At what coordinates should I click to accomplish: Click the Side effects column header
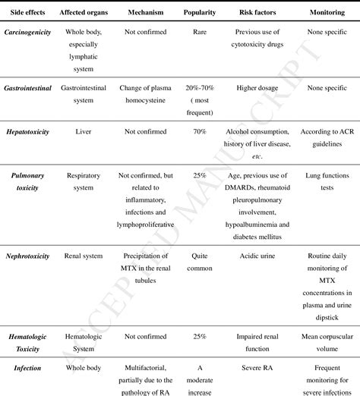pyautogui.click(x=27, y=13)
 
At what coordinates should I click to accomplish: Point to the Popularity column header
pyautogui.click(x=200, y=13)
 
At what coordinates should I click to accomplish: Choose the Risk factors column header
pyautogui.click(x=257, y=13)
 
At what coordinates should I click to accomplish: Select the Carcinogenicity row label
pyautogui.click(x=27, y=34)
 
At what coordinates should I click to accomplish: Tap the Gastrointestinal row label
pyautogui.click(x=27, y=88)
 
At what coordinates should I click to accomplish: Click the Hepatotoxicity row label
pyautogui.click(x=27, y=131)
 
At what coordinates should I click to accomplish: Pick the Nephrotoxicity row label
pyautogui.click(x=27, y=256)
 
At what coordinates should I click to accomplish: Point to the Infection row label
pyautogui.click(x=27, y=369)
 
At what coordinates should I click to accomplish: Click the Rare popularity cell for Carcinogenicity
pyautogui.click(x=200, y=34)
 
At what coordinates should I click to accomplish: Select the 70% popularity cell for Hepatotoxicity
pyautogui.click(x=200, y=131)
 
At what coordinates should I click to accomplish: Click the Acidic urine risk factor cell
pyautogui.click(x=257, y=256)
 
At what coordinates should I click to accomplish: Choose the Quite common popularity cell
pyautogui.click(x=200, y=262)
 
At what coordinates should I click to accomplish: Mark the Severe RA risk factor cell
pyautogui.click(x=257, y=369)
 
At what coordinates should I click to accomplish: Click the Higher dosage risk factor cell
pyautogui.click(x=257, y=88)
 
